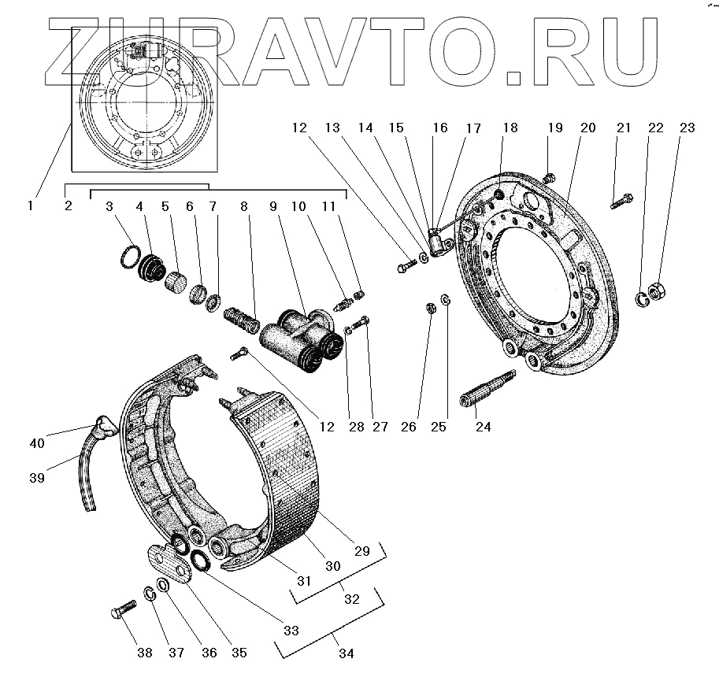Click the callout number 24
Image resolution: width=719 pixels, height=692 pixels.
tap(482, 427)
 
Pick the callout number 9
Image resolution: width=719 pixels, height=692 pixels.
tap(273, 205)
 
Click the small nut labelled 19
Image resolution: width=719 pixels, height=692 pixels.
tap(550, 178)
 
